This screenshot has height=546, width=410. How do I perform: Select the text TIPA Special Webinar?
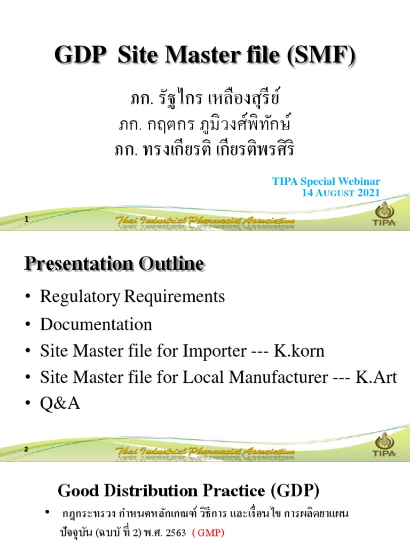327,181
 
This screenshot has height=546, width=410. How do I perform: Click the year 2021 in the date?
368,192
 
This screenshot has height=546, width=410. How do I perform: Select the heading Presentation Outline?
114,263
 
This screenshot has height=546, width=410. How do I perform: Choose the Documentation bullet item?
96,324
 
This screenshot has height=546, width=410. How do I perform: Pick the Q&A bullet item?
60,404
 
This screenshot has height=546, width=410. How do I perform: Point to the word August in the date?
334,192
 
